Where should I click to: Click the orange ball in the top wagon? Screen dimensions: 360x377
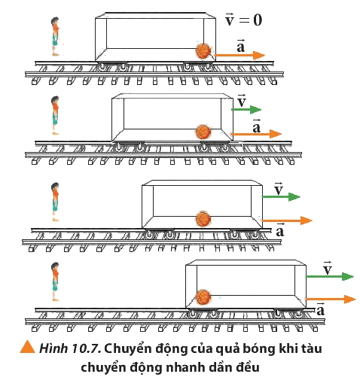tap(203, 51)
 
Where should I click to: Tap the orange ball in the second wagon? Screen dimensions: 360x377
tap(203, 132)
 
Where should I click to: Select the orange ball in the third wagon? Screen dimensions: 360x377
tap(203, 219)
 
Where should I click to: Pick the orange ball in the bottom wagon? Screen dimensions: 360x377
tap(203, 297)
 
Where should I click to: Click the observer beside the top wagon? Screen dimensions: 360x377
tap(55, 37)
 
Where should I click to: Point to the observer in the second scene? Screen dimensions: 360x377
tap(55, 116)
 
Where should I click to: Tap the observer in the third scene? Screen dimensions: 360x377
tap(55, 202)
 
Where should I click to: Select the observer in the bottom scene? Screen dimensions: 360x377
tap(55, 281)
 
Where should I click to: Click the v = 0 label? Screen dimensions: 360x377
tap(243, 20)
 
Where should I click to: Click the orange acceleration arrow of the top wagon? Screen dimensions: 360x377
tap(239, 55)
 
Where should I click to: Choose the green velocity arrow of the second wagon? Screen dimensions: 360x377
tap(246, 110)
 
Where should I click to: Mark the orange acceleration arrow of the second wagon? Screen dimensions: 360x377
tap(256, 134)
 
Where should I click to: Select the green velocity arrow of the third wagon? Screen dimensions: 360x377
tap(281, 197)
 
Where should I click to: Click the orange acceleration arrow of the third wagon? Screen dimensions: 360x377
tap(286, 220)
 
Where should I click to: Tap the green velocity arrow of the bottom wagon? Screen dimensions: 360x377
tap(329, 276)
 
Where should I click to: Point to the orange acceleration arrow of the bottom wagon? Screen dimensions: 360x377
tap(330, 299)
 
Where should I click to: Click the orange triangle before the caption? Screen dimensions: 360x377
tap(27, 347)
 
